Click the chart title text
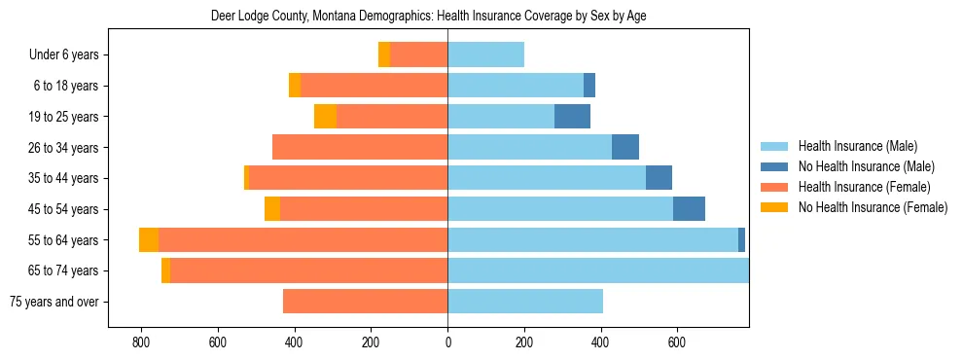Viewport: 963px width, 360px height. click(x=428, y=17)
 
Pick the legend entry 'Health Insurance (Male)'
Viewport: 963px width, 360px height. click(x=856, y=146)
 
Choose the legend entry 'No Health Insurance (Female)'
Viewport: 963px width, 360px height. click(x=872, y=207)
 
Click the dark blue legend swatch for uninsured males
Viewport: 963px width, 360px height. click(x=774, y=166)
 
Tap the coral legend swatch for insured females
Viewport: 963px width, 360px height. click(x=774, y=187)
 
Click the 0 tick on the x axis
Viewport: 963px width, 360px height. click(x=447, y=342)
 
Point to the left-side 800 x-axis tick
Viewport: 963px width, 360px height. click(x=141, y=342)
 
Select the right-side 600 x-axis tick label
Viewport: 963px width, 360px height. click(x=677, y=342)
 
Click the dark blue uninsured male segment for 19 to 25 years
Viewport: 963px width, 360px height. click(x=572, y=117)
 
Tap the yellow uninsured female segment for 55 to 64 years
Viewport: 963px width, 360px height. click(x=149, y=240)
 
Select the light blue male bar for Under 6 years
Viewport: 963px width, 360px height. click(x=485, y=55)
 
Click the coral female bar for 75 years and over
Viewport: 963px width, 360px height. click(x=365, y=302)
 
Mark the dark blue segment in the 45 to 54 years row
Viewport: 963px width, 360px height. click(x=689, y=209)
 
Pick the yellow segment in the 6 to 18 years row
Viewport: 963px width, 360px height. click(x=295, y=86)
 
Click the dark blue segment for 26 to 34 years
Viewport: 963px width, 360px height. click(x=625, y=148)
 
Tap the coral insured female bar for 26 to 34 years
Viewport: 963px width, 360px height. click(x=360, y=148)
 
